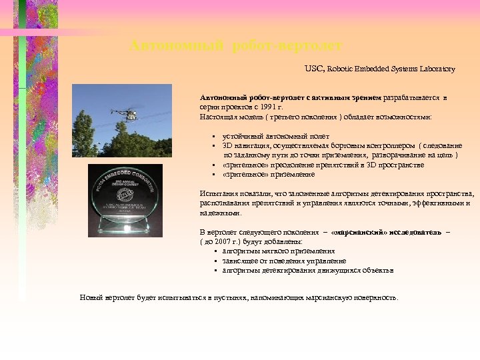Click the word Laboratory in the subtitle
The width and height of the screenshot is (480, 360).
(437, 69)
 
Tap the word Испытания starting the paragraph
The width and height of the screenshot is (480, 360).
(217, 193)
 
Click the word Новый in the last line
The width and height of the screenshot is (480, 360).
(91, 297)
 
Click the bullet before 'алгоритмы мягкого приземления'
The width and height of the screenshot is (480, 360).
(216, 252)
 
